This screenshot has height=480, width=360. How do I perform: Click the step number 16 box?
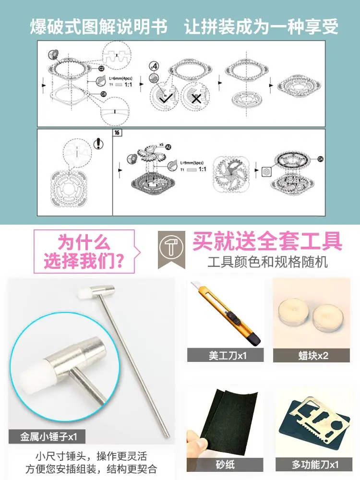coord(116,133)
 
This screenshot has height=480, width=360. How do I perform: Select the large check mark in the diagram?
coord(167,98)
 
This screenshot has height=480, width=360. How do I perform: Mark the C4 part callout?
coord(320,158)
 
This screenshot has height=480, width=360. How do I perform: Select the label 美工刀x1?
coord(225,356)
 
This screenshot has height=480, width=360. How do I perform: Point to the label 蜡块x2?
coord(312,356)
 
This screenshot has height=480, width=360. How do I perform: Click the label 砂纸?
coord(225,465)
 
